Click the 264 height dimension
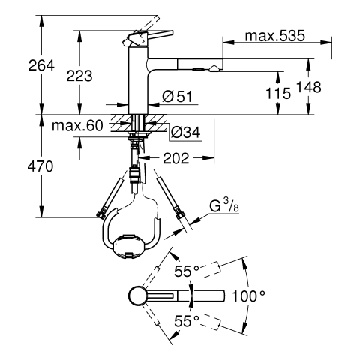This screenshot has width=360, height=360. (x=41, y=65)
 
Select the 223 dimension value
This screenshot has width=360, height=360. (x=79, y=76)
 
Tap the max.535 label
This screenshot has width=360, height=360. (x=275, y=36)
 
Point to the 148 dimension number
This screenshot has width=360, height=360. (x=308, y=87)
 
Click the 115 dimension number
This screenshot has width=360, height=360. (x=278, y=94)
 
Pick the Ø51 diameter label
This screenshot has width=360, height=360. (x=177, y=97)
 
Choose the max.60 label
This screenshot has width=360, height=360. (x=77, y=126)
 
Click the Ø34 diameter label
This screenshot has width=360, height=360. (x=185, y=132)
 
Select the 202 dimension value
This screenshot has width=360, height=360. (x=176, y=158)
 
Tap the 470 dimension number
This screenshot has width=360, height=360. (x=40, y=166)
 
